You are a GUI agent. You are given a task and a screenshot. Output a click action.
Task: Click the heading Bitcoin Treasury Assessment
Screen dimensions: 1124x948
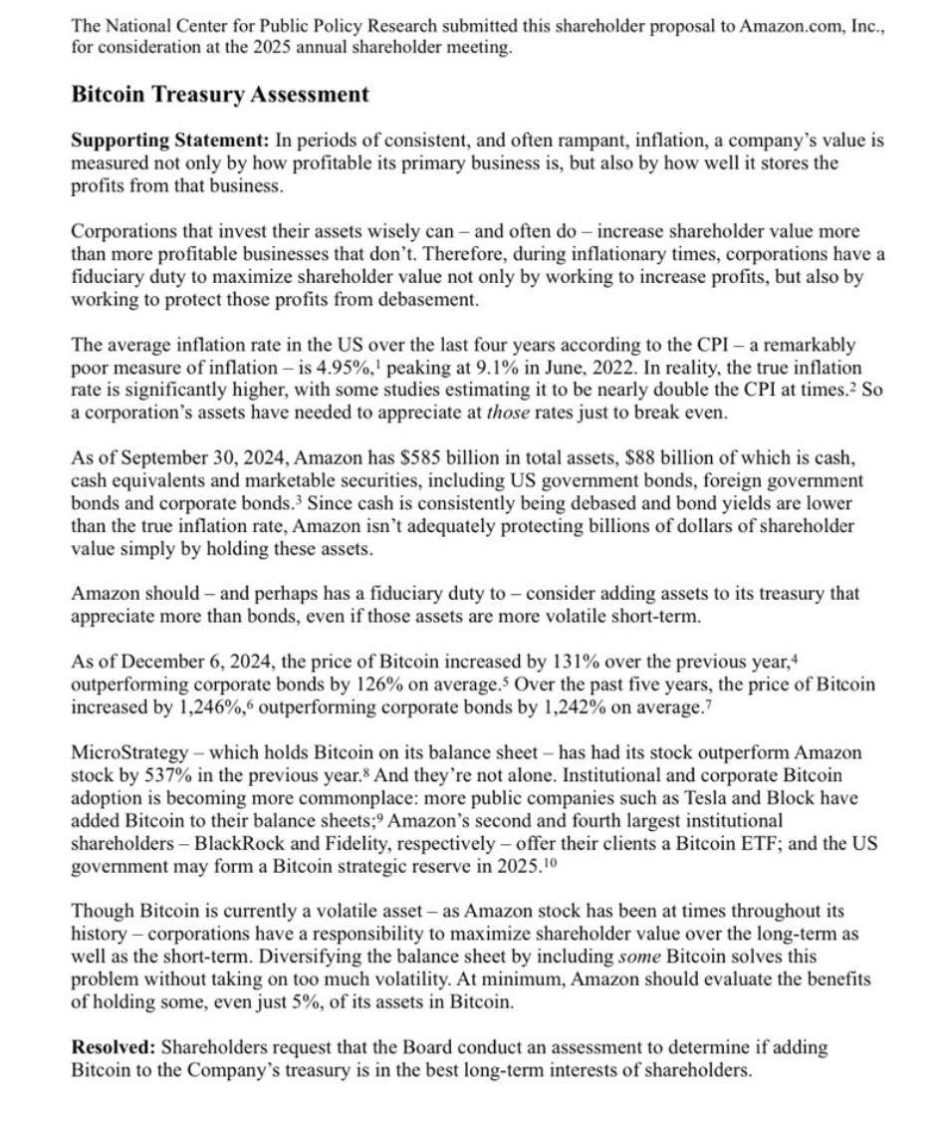220,95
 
